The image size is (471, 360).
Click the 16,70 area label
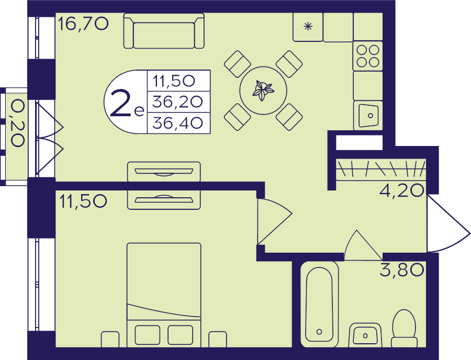tap(83, 24)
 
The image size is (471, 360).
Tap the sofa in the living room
tap(164, 31)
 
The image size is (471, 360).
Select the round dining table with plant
tap(263, 91)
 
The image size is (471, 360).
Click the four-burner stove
tap(368, 56)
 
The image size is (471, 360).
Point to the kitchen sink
tap(368, 116)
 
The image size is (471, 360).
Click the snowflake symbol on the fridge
tap(308, 27)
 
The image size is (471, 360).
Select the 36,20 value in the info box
tap(177, 102)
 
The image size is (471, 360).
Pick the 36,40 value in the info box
tap(177, 123)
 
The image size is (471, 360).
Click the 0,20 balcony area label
tap(17, 123)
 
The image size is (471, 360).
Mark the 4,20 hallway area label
tap(402, 190)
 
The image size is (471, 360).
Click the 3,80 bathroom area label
tap(402, 269)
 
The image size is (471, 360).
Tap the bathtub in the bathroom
tap(320, 304)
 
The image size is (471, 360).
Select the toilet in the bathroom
tap(405, 329)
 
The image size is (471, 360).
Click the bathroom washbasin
tap(365, 335)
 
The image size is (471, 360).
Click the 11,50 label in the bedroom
tap(83, 201)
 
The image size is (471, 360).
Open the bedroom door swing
tap(274, 221)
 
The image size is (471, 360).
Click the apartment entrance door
tap(448, 224)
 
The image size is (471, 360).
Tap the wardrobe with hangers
tap(381, 170)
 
